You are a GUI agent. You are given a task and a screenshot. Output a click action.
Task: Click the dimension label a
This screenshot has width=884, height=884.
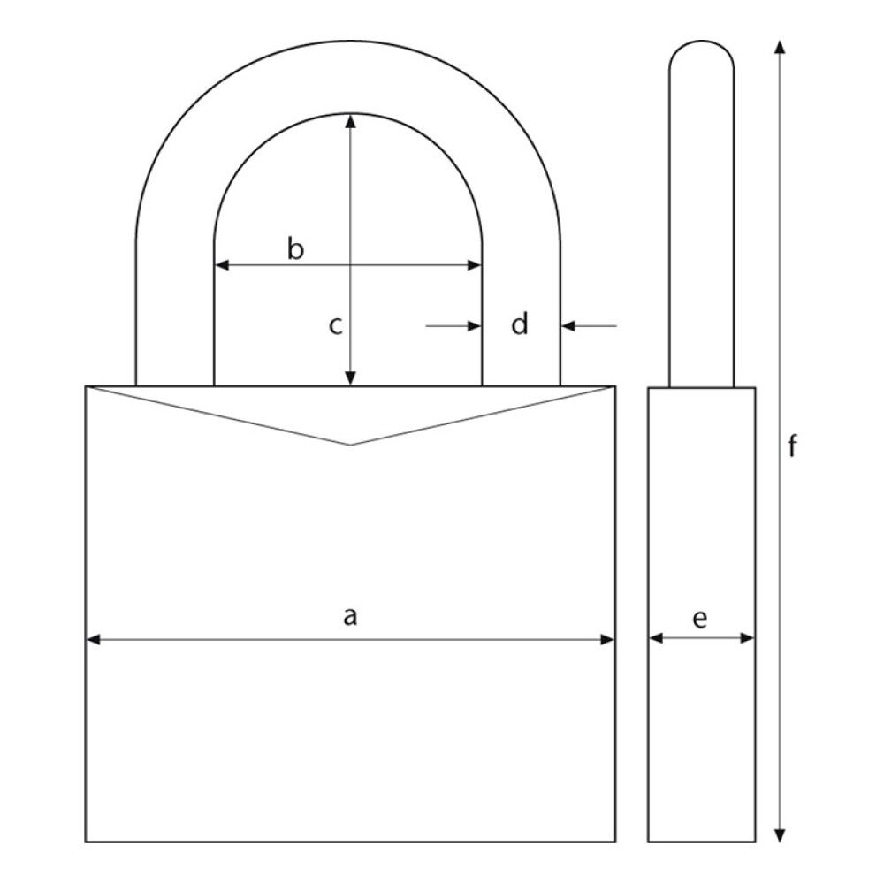click(x=351, y=615)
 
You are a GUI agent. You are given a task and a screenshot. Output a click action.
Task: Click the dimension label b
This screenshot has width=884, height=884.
click(x=296, y=249)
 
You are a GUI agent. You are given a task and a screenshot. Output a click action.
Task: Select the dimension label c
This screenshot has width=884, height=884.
click(x=335, y=326)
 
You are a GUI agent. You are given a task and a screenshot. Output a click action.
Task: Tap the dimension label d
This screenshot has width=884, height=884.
click(x=521, y=325)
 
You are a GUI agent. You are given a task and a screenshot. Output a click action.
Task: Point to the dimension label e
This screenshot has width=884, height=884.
click(x=700, y=619)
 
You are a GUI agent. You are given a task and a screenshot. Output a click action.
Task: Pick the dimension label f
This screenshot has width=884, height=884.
click(x=793, y=448)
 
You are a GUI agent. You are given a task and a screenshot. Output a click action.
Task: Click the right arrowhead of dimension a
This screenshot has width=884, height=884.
click(x=607, y=639)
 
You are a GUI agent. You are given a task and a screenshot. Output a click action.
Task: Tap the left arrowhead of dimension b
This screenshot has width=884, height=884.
click(x=222, y=264)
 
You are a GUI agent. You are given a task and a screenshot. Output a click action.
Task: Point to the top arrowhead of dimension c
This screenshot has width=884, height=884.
click(x=351, y=121)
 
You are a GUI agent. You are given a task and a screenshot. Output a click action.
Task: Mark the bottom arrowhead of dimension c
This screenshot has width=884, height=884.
click(x=351, y=379)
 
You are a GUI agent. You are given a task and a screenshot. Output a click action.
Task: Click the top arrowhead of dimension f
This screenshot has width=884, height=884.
click(x=779, y=47)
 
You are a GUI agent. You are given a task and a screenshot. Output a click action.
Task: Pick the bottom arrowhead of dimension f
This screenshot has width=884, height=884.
click(x=779, y=834)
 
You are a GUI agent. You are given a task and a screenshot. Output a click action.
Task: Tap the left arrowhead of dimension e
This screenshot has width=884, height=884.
click(x=655, y=637)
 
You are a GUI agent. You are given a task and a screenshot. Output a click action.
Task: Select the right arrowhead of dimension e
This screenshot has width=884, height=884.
click(x=749, y=637)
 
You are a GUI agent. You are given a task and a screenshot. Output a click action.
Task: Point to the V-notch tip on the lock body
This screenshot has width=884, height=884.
click(x=351, y=444)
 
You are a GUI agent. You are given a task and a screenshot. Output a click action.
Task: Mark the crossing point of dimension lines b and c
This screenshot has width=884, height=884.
click(x=351, y=264)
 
